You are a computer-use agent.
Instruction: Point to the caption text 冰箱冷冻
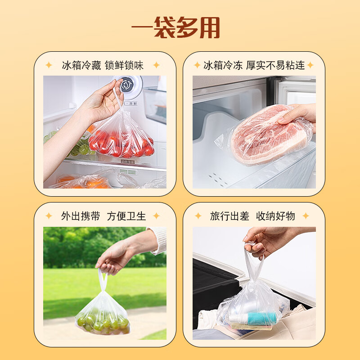[x=222, y=65]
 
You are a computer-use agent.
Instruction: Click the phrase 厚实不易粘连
[x=275, y=65]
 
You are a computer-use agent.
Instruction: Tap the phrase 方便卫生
[x=126, y=216]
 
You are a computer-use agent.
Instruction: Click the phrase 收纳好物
[x=275, y=216]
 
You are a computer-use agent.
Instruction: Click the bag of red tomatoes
[x=121, y=139]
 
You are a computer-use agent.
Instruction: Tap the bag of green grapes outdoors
[x=103, y=315]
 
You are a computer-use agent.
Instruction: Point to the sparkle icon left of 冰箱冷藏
[x=49, y=65]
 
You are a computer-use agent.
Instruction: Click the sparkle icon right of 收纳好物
[x=306, y=216]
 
